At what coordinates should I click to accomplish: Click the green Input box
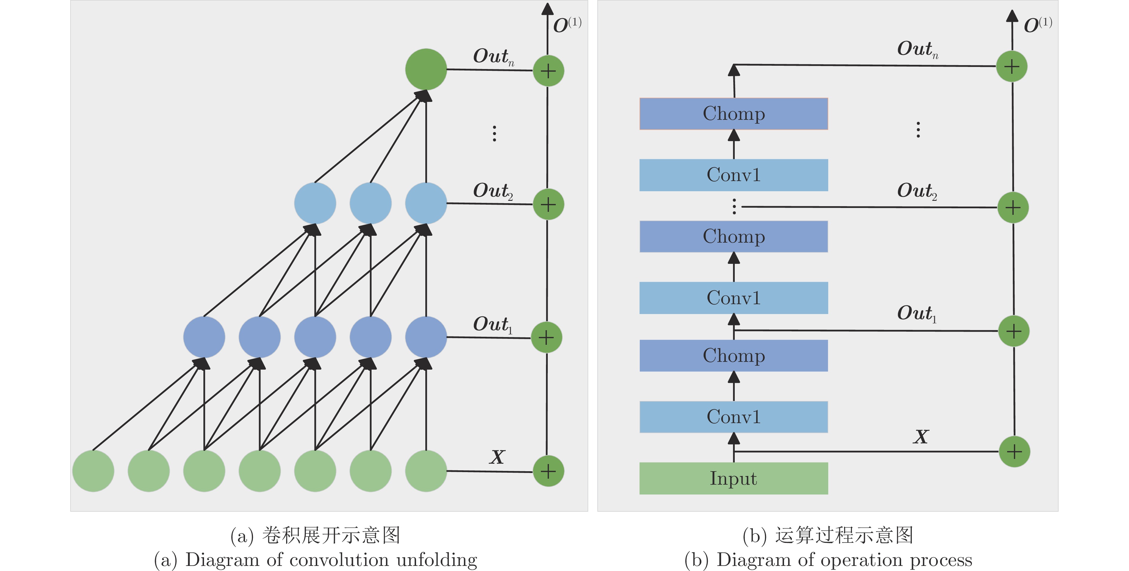tap(733, 478)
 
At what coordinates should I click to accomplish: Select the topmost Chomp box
tap(733, 114)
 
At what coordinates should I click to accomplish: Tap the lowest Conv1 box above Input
tap(733, 417)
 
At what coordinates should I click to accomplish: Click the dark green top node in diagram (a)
tap(426, 69)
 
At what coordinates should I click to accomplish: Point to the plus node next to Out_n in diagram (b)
tap(1012, 67)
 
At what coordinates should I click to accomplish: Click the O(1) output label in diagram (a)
tap(567, 25)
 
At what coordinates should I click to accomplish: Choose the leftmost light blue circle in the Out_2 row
tap(315, 203)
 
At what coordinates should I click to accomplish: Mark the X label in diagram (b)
tap(921, 437)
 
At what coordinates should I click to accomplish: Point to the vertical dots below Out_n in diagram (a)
tap(494, 133)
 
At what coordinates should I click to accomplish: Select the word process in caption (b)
tap(941, 560)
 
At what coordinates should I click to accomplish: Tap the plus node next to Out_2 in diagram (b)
tap(1013, 207)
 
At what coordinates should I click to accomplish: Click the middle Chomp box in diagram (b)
tap(733, 236)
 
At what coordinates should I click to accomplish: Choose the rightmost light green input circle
tap(426, 471)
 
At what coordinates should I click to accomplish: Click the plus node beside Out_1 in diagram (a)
tap(546, 338)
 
